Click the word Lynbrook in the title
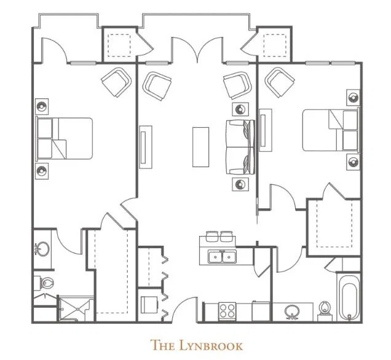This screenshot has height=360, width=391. tap(211, 345)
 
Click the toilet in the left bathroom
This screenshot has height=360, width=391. tap(44, 283)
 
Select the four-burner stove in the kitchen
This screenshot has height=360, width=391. tap(227, 311)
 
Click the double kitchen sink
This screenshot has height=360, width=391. tap(223, 257)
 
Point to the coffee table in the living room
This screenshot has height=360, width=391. tap(201, 147)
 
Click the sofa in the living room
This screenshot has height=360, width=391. tap(240, 147)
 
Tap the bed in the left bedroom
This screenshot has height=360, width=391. tap(65, 138)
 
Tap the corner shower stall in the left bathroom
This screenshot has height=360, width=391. tap(76, 308)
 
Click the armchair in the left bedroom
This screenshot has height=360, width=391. tap(116, 82)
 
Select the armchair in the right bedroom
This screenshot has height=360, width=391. tap(280, 82)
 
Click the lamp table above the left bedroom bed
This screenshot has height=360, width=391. tap(42, 107)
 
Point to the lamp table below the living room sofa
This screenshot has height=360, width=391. tap(240, 184)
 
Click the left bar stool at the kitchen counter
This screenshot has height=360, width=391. tap(213, 236)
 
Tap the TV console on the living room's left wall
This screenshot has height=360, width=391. tap(146, 147)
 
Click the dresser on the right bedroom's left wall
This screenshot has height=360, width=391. tap(266, 130)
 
